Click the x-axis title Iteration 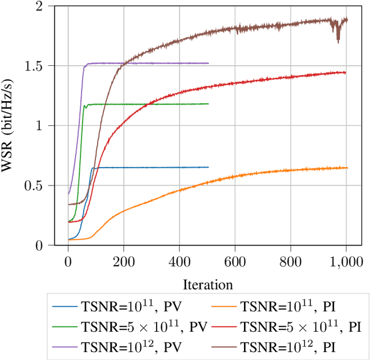(x=208, y=284)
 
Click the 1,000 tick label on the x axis (x=346, y=261)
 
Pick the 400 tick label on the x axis (x=179, y=261)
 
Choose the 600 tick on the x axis (x=235, y=261)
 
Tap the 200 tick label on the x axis (x=124, y=261)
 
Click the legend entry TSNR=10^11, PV (x=110, y=306)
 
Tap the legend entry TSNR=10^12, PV (x=110, y=347)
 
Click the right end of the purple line (x=208, y=63)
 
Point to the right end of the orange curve (x=347, y=168)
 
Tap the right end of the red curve (x=346, y=72)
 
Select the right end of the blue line (x=208, y=167)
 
